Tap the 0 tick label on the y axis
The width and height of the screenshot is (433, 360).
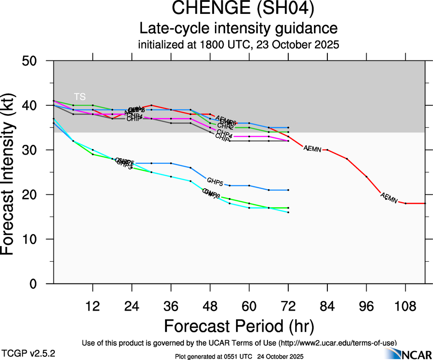click(40, 283)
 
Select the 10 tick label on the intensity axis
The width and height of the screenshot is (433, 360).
click(36, 239)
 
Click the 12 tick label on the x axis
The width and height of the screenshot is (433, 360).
click(93, 306)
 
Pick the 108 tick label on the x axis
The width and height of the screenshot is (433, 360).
click(405, 306)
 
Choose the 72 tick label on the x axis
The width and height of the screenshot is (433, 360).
click(288, 306)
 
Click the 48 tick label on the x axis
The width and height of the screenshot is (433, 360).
click(210, 306)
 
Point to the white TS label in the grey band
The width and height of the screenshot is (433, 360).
click(80, 96)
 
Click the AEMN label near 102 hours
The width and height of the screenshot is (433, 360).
click(389, 198)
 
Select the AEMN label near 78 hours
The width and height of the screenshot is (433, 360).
click(312, 148)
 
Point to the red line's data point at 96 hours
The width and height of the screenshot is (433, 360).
click(367, 177)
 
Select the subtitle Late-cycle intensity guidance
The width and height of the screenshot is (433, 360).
click(239, 29)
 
